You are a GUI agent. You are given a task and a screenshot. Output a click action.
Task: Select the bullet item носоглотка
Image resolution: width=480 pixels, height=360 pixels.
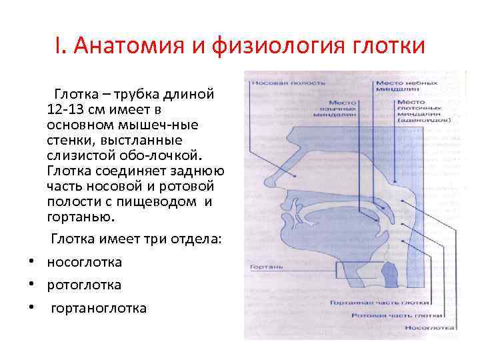pos(84,262)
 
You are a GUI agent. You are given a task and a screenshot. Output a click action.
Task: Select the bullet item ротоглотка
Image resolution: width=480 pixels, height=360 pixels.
pos(84,285)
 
